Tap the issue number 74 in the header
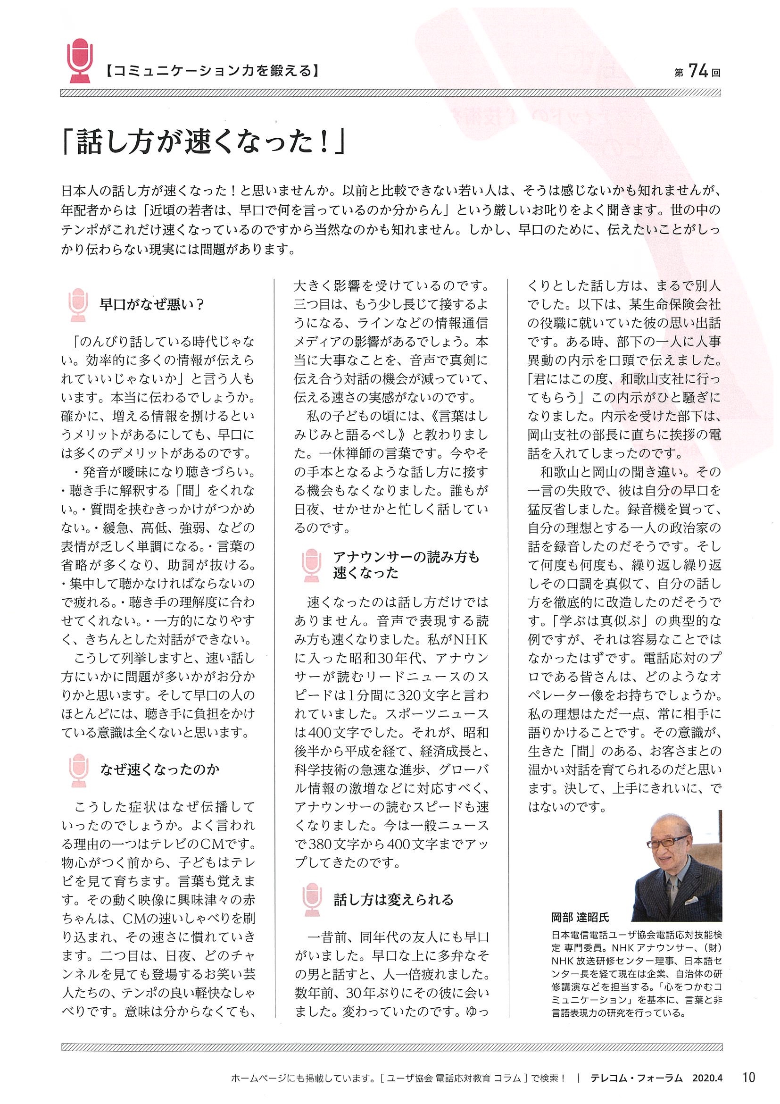tap(698, 72)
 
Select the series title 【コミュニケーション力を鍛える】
tap(212, 73)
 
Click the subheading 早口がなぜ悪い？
tap(152, 305)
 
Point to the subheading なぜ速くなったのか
tap(159, 770)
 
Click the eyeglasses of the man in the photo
tap(665, 844)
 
